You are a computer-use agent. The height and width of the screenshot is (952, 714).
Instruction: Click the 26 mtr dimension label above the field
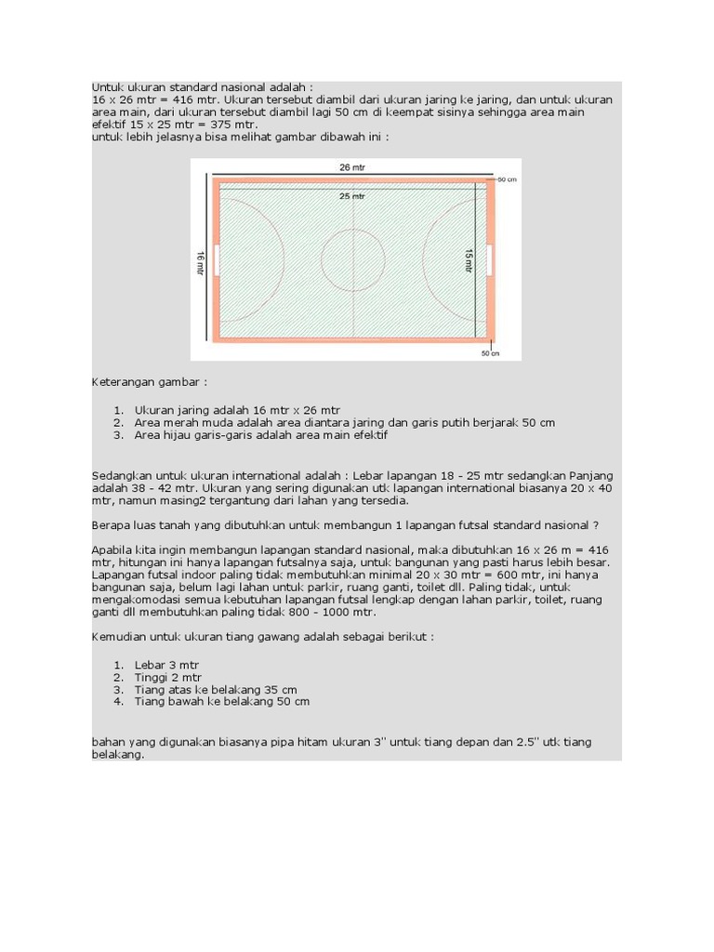point(352,167)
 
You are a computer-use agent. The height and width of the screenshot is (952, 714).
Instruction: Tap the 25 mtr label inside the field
point(352,196)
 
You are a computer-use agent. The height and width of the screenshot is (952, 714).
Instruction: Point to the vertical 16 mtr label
point(200,261)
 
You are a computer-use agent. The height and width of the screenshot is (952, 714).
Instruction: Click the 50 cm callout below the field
point(491,353)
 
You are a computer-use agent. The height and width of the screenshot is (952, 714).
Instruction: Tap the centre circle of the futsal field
point(353,258)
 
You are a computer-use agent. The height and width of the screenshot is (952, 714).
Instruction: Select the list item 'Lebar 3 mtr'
point(167,665)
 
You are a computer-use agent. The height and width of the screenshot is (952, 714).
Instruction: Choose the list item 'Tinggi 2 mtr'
point(168,678)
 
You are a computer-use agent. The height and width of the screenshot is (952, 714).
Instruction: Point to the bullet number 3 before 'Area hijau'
point(118,435)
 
